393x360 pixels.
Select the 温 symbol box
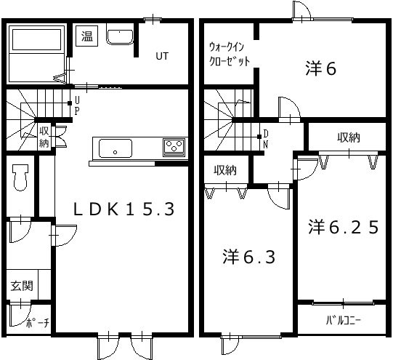coord(86,36)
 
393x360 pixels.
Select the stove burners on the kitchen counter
coord(174,148)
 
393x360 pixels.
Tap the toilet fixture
coord(20,177)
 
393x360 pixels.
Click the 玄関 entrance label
coord(21,286)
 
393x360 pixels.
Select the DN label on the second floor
coord(265,138)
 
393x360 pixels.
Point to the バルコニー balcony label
coord(343,321)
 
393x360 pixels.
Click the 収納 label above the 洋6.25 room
coord(349,137)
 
